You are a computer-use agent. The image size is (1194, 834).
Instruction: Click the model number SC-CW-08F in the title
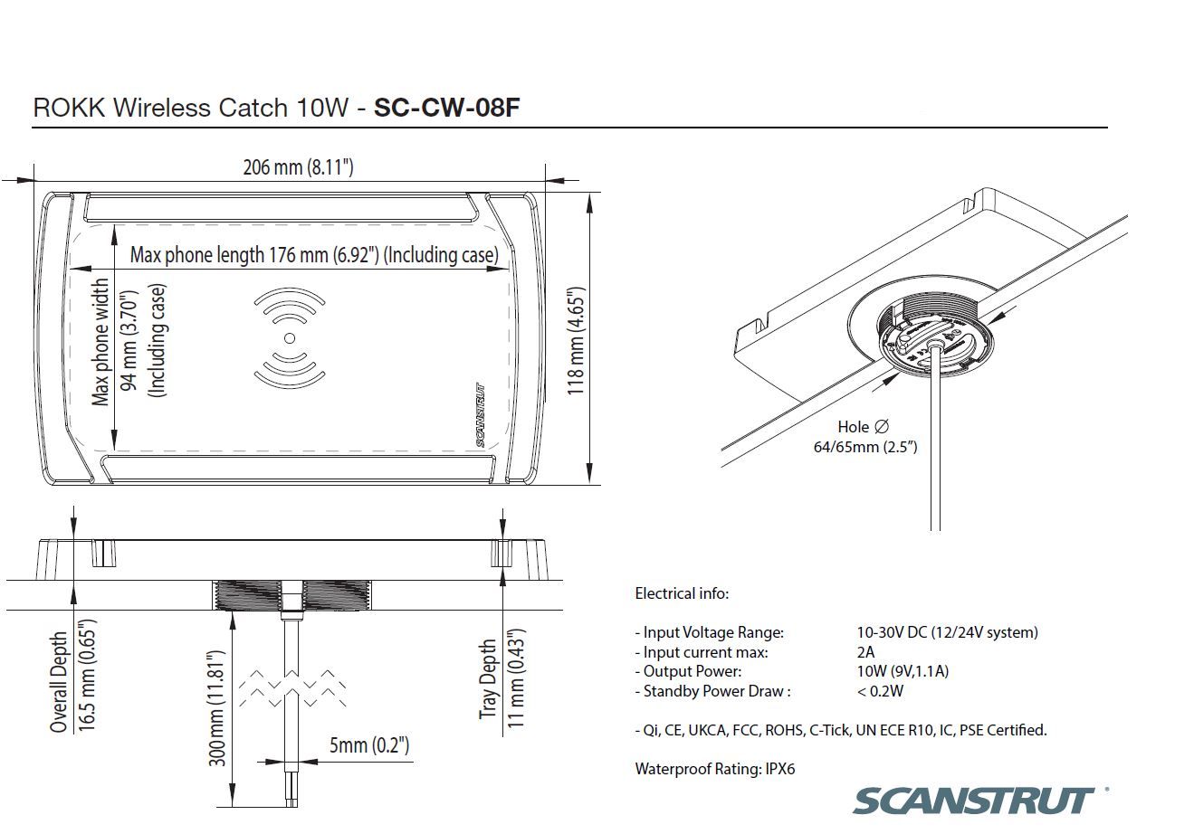tap(446, 108)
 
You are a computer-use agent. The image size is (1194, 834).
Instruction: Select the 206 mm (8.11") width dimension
tap(298, 167)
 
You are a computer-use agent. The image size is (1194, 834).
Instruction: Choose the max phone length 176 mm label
tap(313, 255)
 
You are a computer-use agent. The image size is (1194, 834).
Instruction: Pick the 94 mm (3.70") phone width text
tap(129, 342)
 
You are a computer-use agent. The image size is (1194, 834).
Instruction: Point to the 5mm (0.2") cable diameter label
tap(368, 744)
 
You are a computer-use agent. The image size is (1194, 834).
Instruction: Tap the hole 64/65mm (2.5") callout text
tap(864, 436)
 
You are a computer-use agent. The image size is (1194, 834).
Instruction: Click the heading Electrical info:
tap(681, 594)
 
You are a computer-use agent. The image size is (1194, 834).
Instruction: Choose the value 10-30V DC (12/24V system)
tap(947, 632)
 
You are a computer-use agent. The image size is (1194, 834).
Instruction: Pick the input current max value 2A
tap(866, 652)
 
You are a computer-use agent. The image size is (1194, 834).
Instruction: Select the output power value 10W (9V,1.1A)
tap(903, 671)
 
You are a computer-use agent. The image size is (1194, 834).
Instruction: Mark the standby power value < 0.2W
tap(880, 691)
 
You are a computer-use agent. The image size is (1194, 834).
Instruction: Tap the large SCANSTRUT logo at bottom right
tap(973, 801)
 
